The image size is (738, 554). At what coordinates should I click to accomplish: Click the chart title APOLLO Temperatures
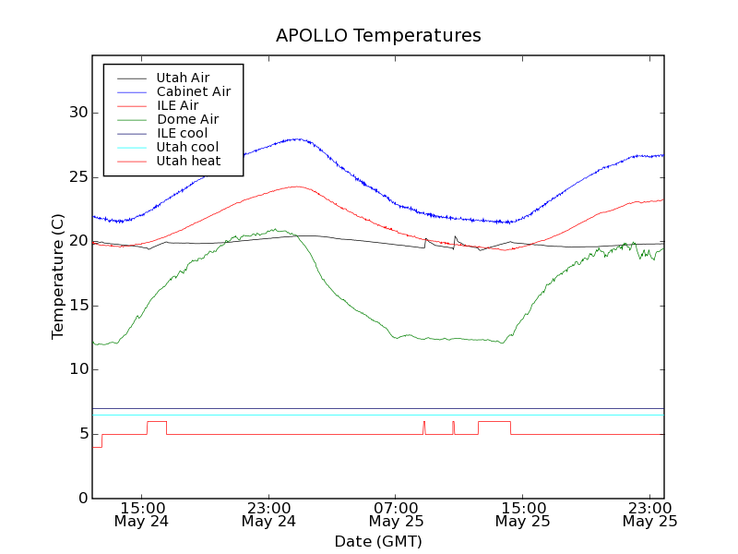[x=378, y=36]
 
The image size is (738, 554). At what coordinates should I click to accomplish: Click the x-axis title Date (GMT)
[x=378, y=541]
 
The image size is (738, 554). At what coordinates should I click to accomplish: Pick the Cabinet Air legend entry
[x=193, y=91]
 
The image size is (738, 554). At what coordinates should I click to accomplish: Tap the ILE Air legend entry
[x=177, y=105]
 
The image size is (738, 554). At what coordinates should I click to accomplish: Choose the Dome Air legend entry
[x=187, y=119]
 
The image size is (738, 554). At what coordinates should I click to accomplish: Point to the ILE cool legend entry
[x=182, y=133]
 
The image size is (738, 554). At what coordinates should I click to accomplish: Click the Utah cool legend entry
[x=187, y=147]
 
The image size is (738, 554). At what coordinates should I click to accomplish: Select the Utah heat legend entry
[x=188, y=161]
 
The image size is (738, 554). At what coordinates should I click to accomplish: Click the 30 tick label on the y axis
[x=77, y=113]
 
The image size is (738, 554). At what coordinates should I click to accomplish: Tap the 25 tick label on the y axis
[x=77, y=177]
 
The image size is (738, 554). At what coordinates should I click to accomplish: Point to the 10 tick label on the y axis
[x=77, y=370]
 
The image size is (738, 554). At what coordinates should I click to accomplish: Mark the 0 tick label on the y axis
[x=82, y=499]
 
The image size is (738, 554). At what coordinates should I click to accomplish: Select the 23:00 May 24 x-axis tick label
[x=268, y=513]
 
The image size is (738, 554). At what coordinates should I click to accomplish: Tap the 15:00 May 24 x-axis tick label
[x=142, y=513]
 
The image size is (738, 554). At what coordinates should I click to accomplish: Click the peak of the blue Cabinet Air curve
[x=297, y=138]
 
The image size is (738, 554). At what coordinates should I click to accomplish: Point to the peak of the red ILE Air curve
[x=297, y=187]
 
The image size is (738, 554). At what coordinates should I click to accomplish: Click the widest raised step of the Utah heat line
[x=494, y=421]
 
